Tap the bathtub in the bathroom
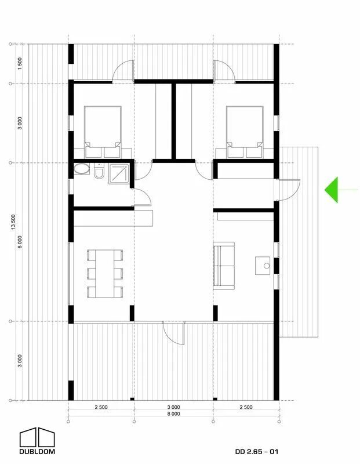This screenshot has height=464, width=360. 81,169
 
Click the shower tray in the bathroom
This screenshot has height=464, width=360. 119,174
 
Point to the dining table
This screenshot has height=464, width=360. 105,274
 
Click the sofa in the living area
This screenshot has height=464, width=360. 224,266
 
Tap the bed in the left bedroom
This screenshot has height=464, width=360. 103,132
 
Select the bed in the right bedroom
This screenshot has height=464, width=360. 245,132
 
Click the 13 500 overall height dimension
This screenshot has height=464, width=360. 13,222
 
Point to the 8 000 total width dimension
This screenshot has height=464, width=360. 174,414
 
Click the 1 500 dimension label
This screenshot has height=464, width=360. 20,64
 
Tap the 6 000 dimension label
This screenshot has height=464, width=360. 20,242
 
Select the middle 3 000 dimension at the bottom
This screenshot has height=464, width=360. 174,407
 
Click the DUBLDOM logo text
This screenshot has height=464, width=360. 37,452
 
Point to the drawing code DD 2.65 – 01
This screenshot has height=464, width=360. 257,452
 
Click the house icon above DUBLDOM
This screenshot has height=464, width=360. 37,437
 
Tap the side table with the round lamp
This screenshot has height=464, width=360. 263,266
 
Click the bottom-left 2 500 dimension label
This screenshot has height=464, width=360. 101,407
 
